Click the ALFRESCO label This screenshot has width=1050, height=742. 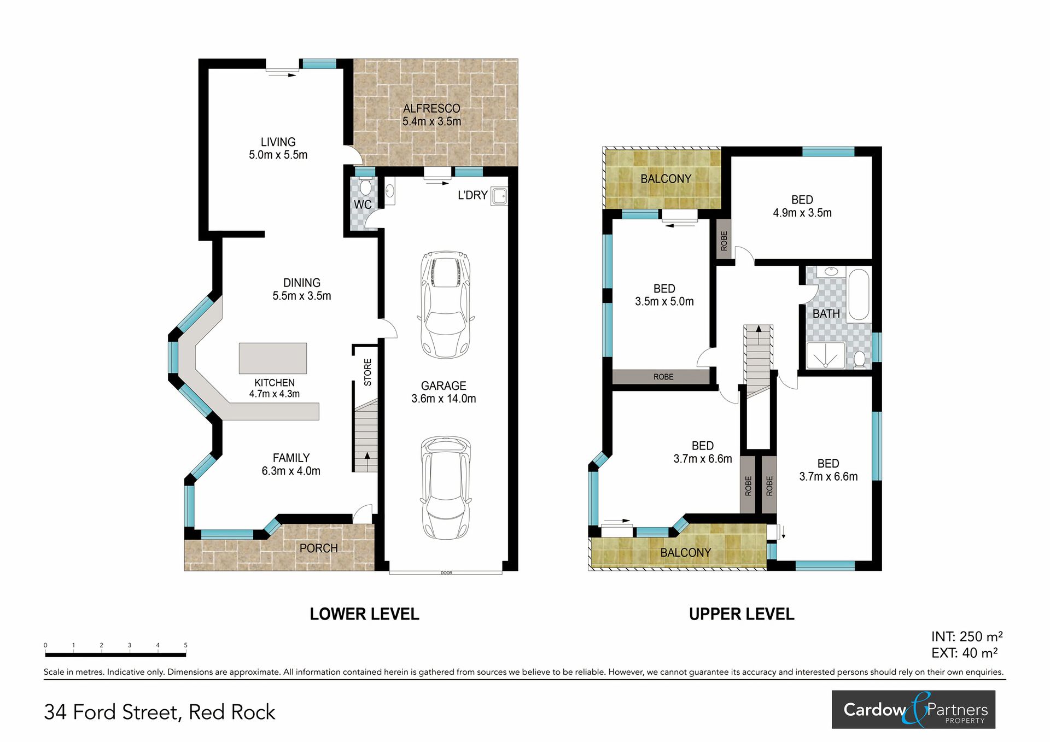point(431,108)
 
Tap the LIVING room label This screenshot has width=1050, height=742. point(278,142)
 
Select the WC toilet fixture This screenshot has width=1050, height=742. point(365,187)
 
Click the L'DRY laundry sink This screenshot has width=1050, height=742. point(499,196)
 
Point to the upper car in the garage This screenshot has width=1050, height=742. point(446,305)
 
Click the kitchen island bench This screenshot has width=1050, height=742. point(273,358)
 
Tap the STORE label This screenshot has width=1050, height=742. point(367,372)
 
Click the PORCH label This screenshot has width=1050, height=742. point(318,548)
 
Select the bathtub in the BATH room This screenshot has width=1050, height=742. point(859,294)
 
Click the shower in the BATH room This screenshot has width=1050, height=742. point(826,355)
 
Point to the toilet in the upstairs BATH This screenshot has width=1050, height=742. point(860,359)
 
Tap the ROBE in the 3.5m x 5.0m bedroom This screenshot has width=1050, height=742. point(663,377)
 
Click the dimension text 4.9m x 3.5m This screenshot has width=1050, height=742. point(802,213)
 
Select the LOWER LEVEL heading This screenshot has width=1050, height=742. point(364,614)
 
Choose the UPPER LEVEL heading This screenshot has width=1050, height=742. point(742,614)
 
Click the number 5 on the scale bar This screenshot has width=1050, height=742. point(185,645)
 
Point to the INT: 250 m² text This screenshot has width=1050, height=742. point(967,636)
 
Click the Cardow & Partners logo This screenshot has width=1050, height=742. point(913,709)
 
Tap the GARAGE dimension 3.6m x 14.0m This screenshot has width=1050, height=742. point(444,399)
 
